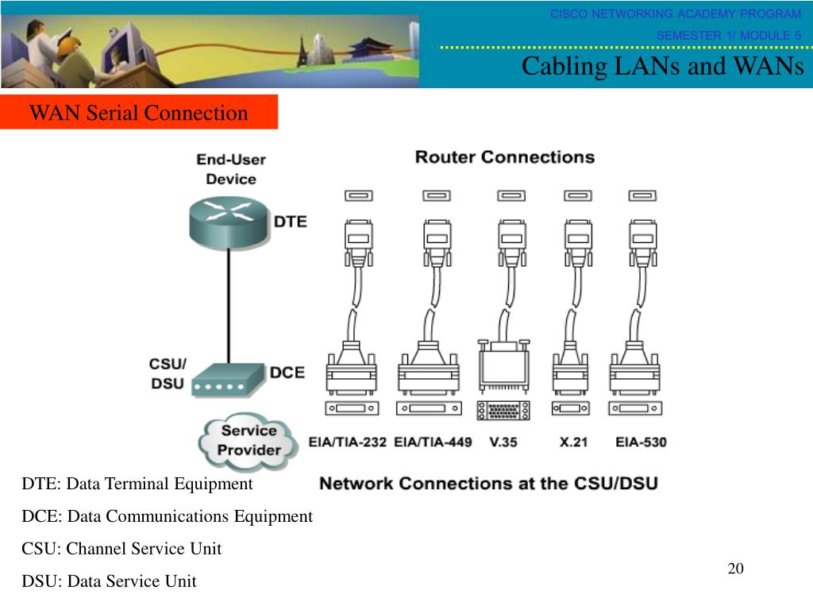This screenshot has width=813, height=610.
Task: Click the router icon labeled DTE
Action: coord(229,223)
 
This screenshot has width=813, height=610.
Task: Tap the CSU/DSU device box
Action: coord(228,380)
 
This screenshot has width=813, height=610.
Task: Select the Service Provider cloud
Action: coord(249,442)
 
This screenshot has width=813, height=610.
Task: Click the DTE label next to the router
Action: coord(291,222)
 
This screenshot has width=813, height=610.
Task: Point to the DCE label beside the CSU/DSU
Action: coord(287,373)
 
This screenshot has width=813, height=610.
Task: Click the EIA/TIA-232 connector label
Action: coord(348,442)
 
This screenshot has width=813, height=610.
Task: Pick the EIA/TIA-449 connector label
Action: coord(433,442)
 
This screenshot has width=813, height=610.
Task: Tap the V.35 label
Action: coord(503,442)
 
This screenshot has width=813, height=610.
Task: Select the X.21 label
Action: coord(573,442)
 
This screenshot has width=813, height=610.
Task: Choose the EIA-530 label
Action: coord(641,442)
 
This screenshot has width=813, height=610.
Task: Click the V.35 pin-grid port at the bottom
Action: coord(503,411)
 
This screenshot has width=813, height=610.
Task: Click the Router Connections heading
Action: coord(505,157)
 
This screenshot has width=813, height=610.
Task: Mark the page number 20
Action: coord(736,569)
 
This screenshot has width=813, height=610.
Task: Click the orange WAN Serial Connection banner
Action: coord(139,112)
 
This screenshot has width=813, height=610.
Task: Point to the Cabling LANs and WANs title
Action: coord(663,67)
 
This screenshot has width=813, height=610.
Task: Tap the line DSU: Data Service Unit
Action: coord(109,581)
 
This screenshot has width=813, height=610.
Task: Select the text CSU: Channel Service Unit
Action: coord(121,548)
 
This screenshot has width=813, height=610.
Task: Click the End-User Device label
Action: coord(231,169)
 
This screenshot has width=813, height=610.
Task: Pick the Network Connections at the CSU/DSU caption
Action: coord(488,484)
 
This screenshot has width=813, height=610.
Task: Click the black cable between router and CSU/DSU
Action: coord(229,306)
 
